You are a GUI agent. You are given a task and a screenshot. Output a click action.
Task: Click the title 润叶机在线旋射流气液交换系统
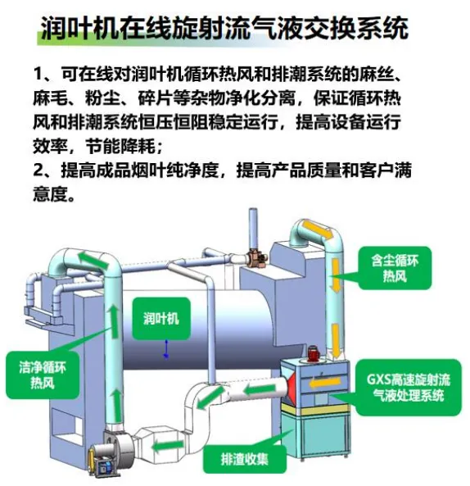point(224,28)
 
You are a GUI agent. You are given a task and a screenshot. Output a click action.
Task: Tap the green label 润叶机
point(161,318)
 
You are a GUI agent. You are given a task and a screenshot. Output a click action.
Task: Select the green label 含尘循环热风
point(395,268)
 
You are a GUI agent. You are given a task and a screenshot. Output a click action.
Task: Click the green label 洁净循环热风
point(43,375)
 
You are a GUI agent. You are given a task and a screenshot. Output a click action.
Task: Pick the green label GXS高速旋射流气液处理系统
point(409,387)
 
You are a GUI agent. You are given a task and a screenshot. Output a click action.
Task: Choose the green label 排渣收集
point(245,459)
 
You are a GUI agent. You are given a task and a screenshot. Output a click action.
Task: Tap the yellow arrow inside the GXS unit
point(325,382)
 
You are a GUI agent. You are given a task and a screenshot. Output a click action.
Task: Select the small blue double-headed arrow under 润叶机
point(166,348)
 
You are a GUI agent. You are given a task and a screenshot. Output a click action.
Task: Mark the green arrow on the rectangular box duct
point(167,447)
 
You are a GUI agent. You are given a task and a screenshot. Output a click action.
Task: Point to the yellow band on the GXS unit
point(316,410)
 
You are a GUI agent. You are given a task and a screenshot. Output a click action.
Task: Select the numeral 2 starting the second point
point(38,170)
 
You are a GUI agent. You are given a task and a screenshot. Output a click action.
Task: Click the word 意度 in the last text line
point(50,194)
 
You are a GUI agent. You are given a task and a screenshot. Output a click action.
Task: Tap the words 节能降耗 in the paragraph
point(120,147)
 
